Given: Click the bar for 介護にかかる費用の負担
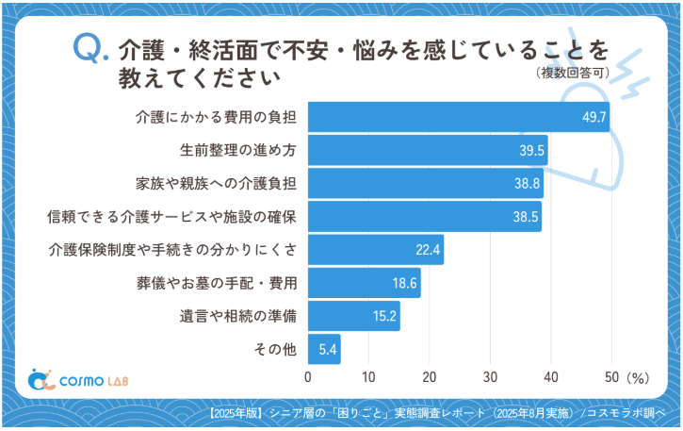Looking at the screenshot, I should (459, 117).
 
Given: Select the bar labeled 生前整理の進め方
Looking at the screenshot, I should (428, 150).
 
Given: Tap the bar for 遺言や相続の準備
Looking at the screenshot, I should (353, 316).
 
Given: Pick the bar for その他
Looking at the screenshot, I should (324, 349).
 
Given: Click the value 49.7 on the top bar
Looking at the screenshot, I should (594, 117).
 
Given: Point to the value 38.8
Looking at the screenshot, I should (528, 183).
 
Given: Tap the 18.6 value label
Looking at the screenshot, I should (405, 283).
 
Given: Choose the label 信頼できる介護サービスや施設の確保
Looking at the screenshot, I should (172, 216).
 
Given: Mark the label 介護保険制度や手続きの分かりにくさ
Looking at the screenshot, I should (172, 250).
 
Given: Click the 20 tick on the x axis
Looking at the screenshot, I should (430, 377).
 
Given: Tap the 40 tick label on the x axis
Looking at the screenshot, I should (551, 377).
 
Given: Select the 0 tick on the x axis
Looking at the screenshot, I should (308, 377).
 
